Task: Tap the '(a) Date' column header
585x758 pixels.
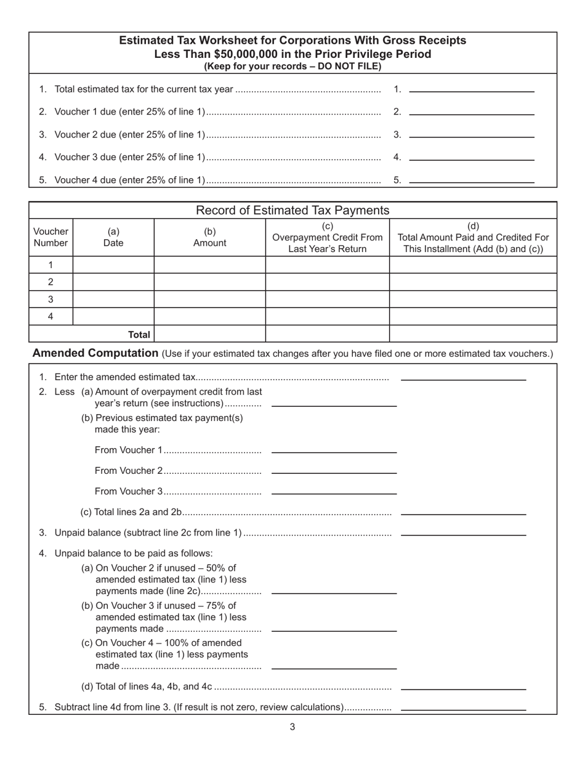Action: point(113,237)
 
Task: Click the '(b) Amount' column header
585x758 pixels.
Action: point(209,237)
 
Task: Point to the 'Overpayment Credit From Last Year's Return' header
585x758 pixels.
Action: point(327,237)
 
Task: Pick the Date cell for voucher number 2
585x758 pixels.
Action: point(113,282)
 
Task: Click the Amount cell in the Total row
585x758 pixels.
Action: point(209,334)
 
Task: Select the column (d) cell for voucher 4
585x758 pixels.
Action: point(473,316)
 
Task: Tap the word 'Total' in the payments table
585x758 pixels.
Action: point(139,334)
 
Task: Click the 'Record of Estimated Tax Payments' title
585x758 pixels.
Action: point(292,210)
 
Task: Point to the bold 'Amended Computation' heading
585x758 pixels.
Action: point(95,353)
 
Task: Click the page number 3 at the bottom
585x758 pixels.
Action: point(292,727)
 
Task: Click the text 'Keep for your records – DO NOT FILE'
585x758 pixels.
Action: point(292,66)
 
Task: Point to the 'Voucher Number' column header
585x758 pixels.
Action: point(50,237)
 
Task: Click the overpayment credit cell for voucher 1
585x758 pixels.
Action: point(327,265)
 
